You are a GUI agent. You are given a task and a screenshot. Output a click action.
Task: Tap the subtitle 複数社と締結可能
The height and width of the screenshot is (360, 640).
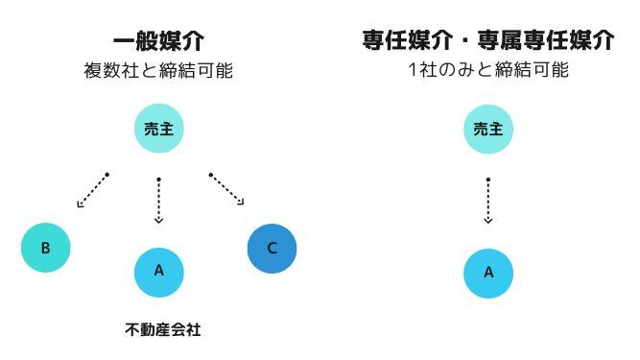(x=158, y=70)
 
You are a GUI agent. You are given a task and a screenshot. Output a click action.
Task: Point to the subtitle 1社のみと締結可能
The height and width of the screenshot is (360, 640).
(x=487, y=70)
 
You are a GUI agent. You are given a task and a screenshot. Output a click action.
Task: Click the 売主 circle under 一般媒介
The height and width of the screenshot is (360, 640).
(x=158, y=129)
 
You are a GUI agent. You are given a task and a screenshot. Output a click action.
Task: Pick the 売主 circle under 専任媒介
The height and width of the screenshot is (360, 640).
(x=488, y=129)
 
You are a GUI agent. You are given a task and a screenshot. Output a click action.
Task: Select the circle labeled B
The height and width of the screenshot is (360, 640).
(x=46, y=248)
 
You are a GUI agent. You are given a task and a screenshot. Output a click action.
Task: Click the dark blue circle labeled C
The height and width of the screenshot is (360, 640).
(x=272, y=248)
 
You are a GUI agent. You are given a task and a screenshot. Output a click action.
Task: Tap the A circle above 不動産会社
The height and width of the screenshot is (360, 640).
(x=158, y=271)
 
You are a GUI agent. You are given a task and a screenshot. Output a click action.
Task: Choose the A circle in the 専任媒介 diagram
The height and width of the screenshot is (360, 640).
(x=488, y=272)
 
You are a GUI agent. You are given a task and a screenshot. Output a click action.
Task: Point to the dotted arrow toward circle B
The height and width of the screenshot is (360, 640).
(x=93, y=190)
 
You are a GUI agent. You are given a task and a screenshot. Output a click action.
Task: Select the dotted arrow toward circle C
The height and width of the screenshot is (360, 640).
(x=226, y=189)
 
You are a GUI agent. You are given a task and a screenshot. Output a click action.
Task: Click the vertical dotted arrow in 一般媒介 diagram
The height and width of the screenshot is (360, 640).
(x=158, y=201)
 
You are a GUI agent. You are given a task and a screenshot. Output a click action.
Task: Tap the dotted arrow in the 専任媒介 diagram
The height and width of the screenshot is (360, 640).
(x=488, y=201)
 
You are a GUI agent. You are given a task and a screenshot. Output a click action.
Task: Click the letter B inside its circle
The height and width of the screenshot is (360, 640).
(x=46, y=248)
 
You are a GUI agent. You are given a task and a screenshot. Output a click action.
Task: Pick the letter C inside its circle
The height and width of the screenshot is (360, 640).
(x=272, y=248)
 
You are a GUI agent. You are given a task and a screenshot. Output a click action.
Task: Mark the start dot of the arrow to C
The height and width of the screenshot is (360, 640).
(x=210, y=175)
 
